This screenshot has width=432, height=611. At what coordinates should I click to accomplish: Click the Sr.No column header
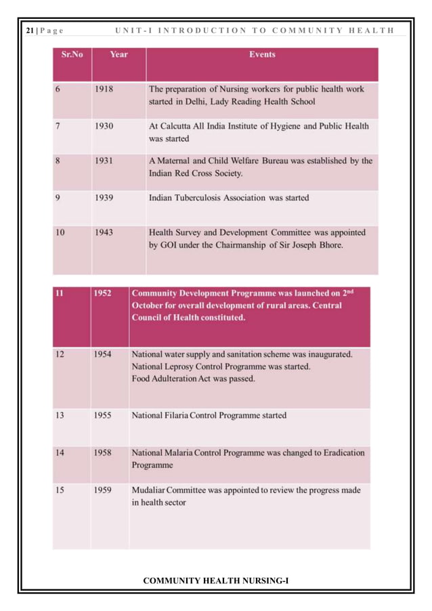(x=72, y=54)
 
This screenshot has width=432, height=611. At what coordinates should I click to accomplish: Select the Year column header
(x=118, y=54)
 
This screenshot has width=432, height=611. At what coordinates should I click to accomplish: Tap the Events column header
(x=261, y=54)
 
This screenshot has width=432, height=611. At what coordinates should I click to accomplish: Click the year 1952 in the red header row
(x=102, y=294)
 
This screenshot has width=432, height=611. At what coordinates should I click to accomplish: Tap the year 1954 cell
(x=102, y=354)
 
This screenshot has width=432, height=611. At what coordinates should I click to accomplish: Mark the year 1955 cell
(x=102, y=415)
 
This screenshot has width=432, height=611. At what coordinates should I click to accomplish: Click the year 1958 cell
(x=102, y=452)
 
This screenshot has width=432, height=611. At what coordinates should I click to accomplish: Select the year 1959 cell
(x=102, y=490)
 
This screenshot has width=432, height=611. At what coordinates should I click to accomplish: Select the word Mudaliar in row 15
(x=151, y=490)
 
